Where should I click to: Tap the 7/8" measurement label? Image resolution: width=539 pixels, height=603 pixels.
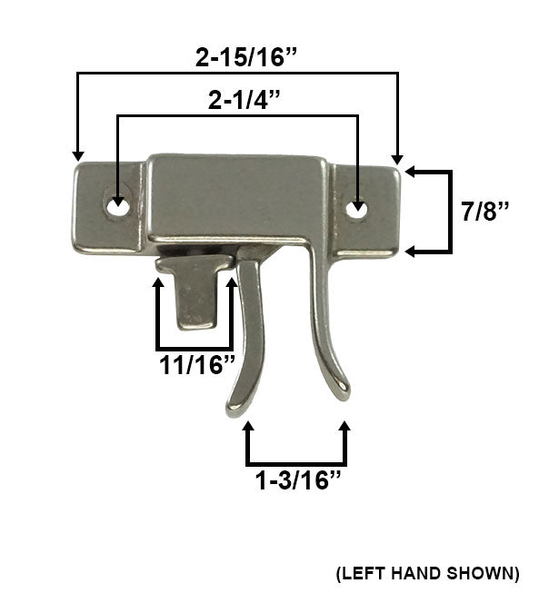[x=485, y=211]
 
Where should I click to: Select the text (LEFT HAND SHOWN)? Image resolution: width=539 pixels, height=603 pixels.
[x=427, y=573]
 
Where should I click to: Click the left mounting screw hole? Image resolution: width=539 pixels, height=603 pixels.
[x=115, y=206]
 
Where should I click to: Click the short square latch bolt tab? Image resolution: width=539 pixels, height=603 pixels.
[x=195, y=295]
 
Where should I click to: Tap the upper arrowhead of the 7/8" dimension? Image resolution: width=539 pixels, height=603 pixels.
[x=410, y=171]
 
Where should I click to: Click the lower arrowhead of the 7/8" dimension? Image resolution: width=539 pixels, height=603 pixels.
[x=410, y=251]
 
